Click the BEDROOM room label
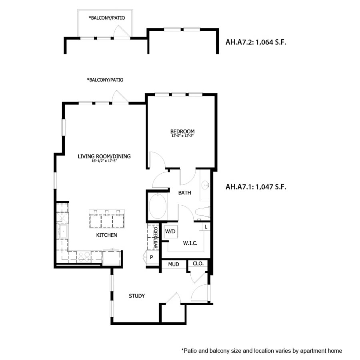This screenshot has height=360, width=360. click(x=182, y=131)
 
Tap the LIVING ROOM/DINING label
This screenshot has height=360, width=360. click(x=104, y=156)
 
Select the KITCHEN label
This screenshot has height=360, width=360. click(x=106, y=235)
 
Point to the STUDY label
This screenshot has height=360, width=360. click(x=136, y=296)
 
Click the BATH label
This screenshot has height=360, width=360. click(x=184, y=193)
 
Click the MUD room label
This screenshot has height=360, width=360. click(x=173, y=264)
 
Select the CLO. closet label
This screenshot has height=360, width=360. click(x=198, y=264)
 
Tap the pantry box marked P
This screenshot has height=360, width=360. click(x=152, y=257)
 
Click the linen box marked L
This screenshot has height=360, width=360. click(x=206, y=227)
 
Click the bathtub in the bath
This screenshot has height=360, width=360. click(x=158, y=206)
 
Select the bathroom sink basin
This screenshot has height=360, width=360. click(x=206, y=185)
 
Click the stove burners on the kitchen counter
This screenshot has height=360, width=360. click(x=84, y=256)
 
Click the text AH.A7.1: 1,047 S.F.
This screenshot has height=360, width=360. click(x=256, y=186)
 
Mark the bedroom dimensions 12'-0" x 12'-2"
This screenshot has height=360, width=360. click(x=182, y=136)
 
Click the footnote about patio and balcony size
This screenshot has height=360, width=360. click(x=262, y=351)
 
